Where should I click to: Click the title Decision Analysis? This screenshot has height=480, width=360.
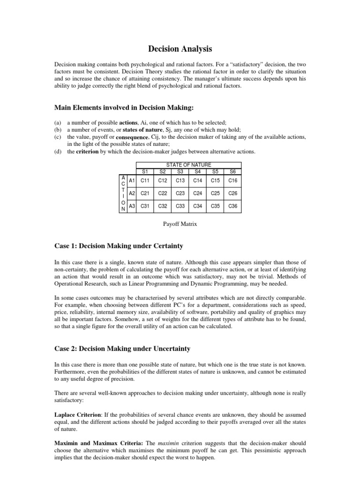[180, 48]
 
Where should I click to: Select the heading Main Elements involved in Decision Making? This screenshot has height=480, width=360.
[124, 108]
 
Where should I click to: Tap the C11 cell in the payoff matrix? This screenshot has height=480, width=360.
[145, 180]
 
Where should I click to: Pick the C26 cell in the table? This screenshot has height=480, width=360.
[232, 193]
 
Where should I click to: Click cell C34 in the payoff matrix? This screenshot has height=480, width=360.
[197, 206]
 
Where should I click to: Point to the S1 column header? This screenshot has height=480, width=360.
[145, 171]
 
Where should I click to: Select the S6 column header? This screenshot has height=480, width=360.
[232, 171]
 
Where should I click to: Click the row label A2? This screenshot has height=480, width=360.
[132, 193]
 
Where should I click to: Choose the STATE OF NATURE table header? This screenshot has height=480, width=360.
[188, 165]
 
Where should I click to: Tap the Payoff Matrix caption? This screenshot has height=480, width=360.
[180, 224]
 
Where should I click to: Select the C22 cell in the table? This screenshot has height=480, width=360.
[163, 193]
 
